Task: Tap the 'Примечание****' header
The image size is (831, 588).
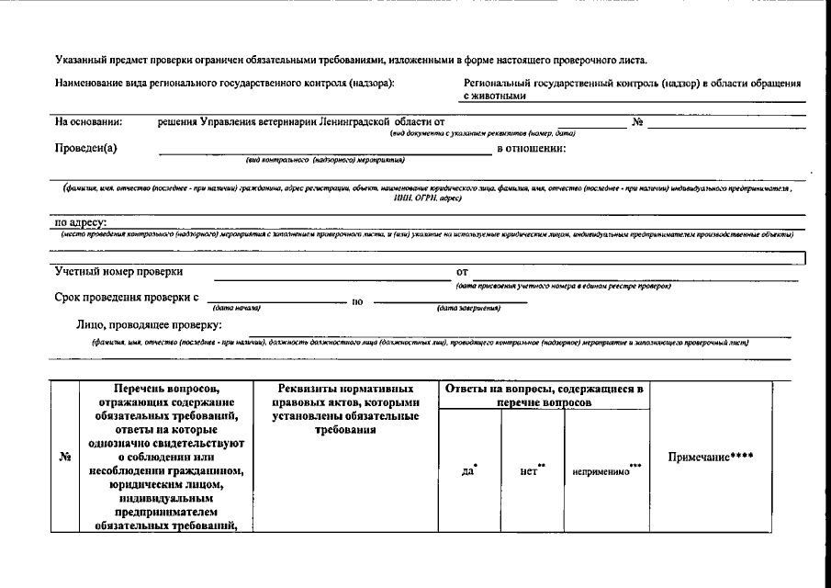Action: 711,457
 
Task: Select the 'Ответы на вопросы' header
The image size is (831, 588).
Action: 545,395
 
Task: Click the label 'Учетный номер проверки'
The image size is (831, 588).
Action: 118,272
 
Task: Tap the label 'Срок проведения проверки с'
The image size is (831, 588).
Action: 127,298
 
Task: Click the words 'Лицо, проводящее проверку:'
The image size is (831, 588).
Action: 149,324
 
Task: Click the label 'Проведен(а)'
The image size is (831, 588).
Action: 86,148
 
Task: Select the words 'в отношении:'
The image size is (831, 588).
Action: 531,148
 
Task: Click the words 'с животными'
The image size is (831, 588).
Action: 495,95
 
